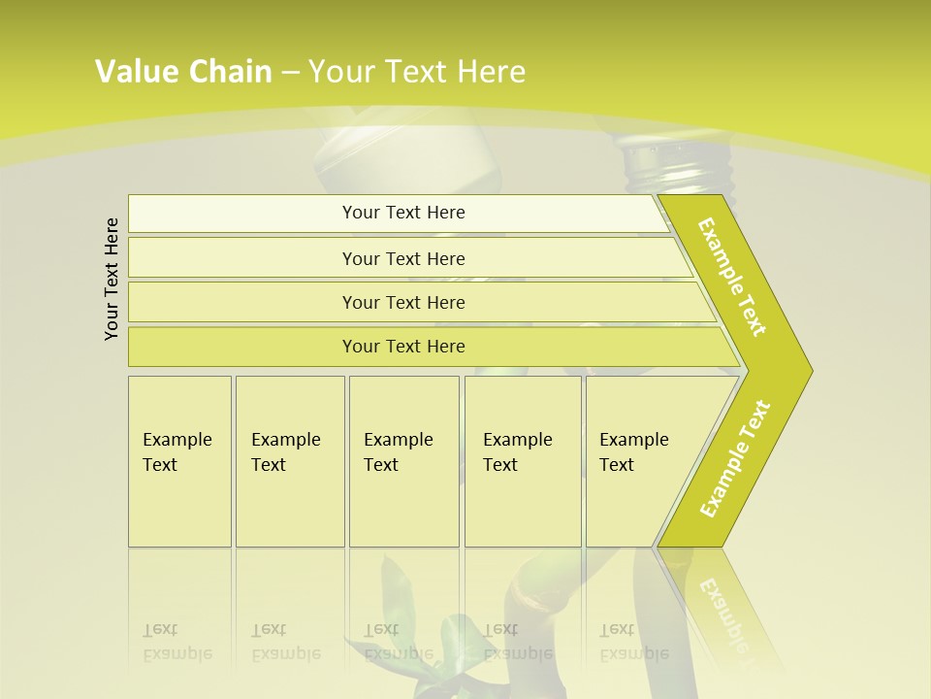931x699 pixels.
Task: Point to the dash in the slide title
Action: point(290,73)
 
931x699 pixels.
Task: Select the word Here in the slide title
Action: point(491,72)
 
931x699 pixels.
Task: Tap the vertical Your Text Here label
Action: point(112,279)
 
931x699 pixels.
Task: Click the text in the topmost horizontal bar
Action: point(403,213)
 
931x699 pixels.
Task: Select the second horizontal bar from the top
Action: point(403,258)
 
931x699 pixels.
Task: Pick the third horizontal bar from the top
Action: point(403,302)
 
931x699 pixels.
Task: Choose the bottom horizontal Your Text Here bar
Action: point(403,347)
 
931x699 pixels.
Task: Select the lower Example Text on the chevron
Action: point(735,458)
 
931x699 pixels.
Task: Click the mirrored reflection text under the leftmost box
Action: point(177,643)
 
